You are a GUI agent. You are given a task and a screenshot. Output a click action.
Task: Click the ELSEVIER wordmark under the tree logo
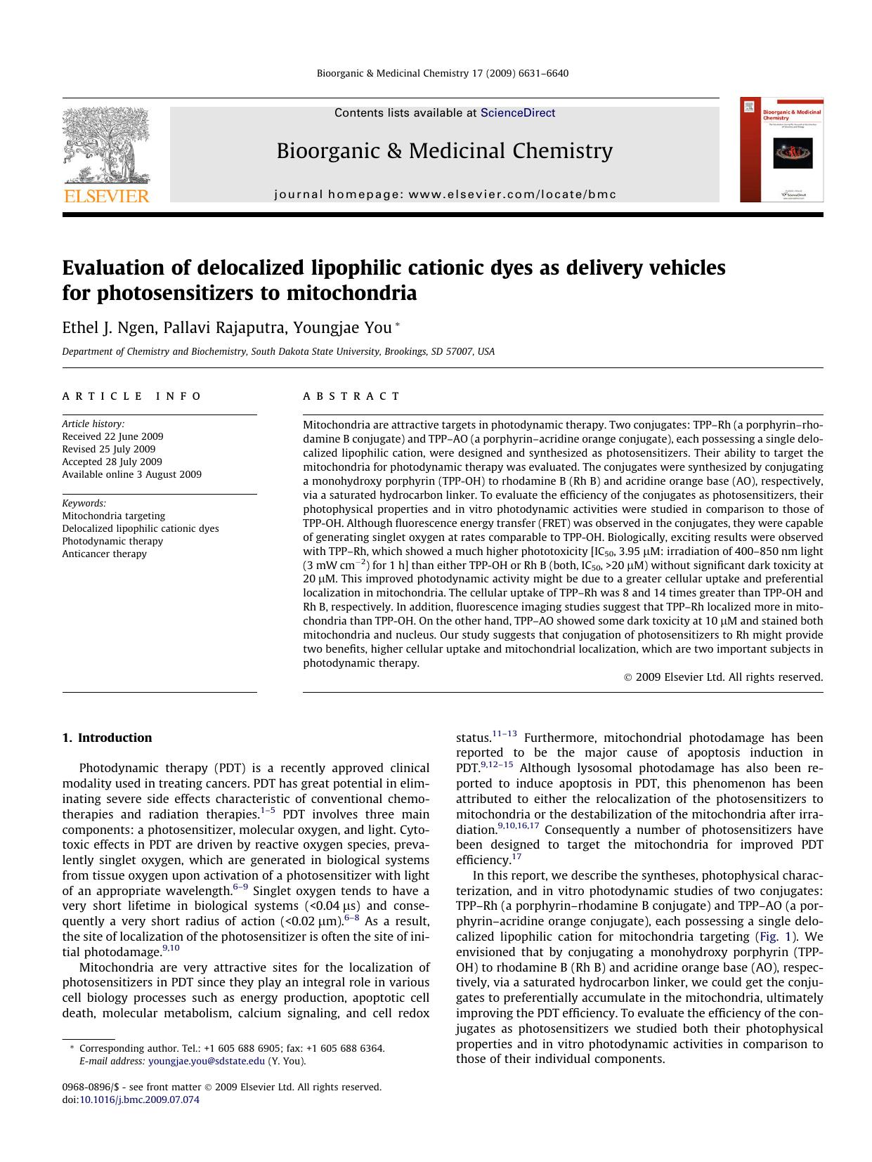(107, 196)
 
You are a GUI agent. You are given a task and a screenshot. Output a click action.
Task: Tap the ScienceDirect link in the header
(517, 113)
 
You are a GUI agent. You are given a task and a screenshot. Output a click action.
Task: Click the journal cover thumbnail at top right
(781, 150)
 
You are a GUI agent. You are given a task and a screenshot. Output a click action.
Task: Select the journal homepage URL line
(445, 195)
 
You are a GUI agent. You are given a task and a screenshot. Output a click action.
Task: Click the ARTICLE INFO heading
(132, 396)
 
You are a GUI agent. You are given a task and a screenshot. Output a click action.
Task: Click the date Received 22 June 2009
(112, 436)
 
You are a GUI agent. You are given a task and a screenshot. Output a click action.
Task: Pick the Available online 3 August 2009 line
(131, 474)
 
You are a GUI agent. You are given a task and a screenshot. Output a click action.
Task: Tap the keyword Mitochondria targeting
(113, 516)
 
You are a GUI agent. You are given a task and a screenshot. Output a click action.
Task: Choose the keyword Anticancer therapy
(104, 554)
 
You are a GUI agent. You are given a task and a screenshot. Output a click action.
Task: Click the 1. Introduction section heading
(107, 738)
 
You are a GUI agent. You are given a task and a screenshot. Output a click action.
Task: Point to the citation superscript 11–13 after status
(505, 734)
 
